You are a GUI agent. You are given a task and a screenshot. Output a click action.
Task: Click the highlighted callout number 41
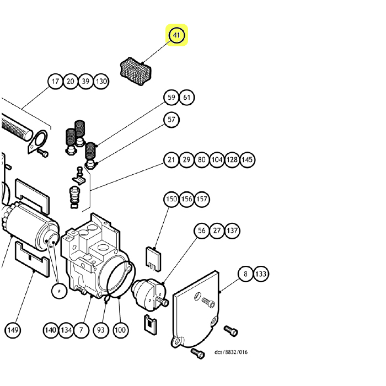coord(177,36)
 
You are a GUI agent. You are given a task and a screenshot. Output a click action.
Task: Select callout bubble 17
coord(55,82)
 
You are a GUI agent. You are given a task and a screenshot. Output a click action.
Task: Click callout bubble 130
coord(101,82)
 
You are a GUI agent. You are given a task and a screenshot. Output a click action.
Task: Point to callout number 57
coord(171,120)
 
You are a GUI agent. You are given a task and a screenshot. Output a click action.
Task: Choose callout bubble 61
coord(187,98)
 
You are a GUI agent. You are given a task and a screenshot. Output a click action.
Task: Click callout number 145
coord(248,160)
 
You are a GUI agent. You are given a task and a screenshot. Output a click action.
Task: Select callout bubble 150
coord(171,199)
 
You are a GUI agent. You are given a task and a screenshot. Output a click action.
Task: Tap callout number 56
coord(202,231)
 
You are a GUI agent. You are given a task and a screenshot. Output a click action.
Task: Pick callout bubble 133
coord(261,274)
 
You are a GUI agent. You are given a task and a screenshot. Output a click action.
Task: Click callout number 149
coord(13,330)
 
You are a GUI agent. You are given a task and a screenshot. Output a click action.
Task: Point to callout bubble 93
coord(101,330)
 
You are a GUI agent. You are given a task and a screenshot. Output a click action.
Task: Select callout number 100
coord(120,330)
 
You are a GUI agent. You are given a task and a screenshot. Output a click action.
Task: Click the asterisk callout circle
coord(59,291)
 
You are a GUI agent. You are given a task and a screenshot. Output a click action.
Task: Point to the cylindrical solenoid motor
coord(28,223)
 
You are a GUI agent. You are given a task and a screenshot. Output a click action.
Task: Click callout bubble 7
coord(81,330)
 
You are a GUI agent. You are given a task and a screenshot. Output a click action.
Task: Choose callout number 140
coord(51,330)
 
